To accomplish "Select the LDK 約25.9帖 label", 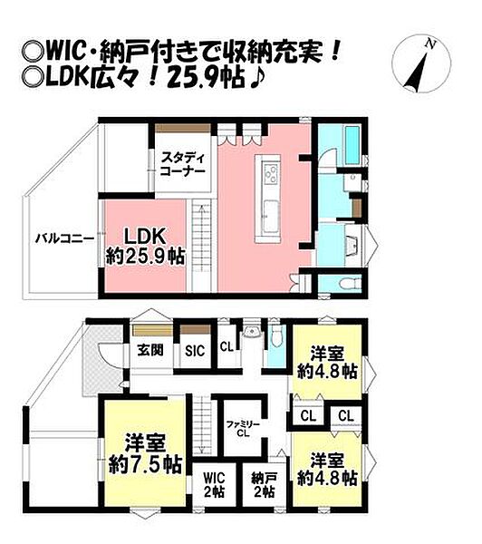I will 144,246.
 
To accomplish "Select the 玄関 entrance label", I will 149,351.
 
